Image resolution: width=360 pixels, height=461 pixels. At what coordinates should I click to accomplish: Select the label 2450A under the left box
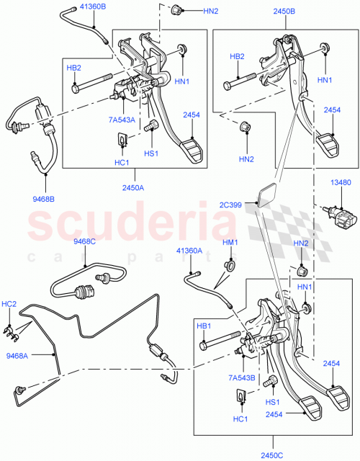(133, 187)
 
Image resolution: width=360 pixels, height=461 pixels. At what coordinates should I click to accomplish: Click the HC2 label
(9, 304)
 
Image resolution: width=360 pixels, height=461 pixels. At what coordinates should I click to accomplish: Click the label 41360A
(190, 251)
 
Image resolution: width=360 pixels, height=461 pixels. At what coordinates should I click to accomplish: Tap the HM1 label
(230, 242)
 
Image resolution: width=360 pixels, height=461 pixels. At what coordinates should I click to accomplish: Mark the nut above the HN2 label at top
(175, 9)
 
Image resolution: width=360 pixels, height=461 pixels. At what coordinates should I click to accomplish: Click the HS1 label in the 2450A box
(151, 153)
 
